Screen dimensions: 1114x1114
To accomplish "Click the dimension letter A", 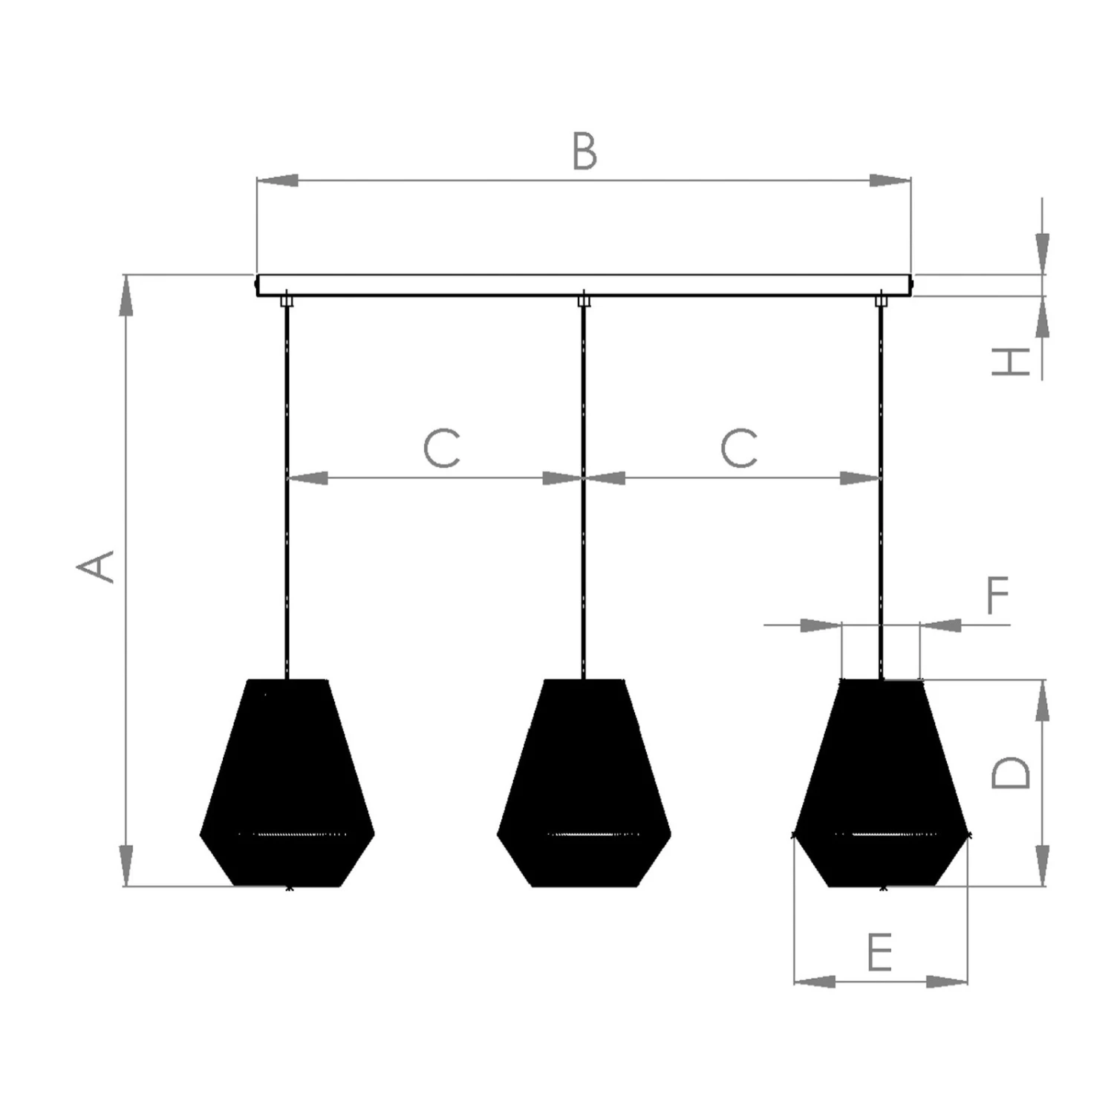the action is pos(96,567).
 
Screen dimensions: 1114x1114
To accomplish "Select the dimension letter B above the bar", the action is pos(584,151).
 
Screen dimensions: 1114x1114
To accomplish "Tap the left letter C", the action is pos(442,448).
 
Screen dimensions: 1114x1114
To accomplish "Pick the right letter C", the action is pos(739,448).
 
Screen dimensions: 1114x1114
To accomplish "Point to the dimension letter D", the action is pos(1012,772).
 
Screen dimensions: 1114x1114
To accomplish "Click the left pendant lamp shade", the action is pos(287,784).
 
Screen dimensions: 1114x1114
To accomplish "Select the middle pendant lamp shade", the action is pos(584,784).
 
